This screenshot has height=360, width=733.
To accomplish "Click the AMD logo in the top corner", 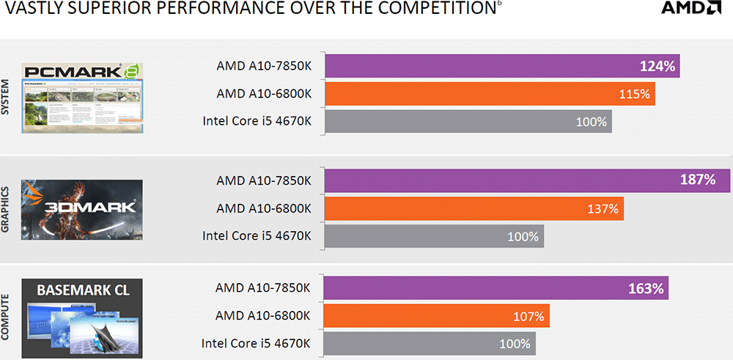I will pos(691,9).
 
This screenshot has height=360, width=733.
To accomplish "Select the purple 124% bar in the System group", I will pos(502,66).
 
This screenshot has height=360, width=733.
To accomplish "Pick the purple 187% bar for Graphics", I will pos(527,180).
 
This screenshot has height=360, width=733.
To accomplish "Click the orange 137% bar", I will pos(474,209).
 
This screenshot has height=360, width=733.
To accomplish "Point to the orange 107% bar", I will pos(436,317).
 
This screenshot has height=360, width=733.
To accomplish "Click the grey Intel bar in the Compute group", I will pos(430,344).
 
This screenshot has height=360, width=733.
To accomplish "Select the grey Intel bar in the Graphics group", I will pos(433,236).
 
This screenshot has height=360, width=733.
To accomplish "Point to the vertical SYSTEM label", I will pos(7,97).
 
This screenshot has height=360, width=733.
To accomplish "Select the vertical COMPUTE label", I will pos(7,317).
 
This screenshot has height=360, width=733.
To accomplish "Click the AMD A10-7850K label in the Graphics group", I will pos(264,180).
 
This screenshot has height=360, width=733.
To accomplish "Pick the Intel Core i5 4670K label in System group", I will pos(257,121).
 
